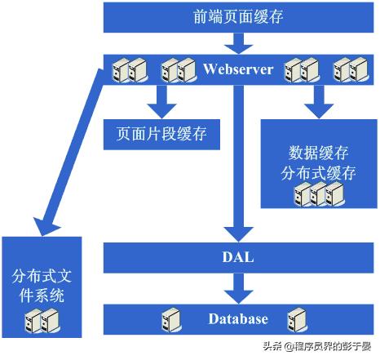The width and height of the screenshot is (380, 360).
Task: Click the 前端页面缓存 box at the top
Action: click(x=238, y=16)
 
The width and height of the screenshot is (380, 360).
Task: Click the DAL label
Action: click(x=238, y=258)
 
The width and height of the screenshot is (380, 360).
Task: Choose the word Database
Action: click(x=237, y=318)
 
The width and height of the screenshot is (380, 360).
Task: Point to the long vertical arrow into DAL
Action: click(x=238, y=163)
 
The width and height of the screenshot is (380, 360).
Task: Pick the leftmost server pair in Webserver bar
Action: click(x=130, y=71)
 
